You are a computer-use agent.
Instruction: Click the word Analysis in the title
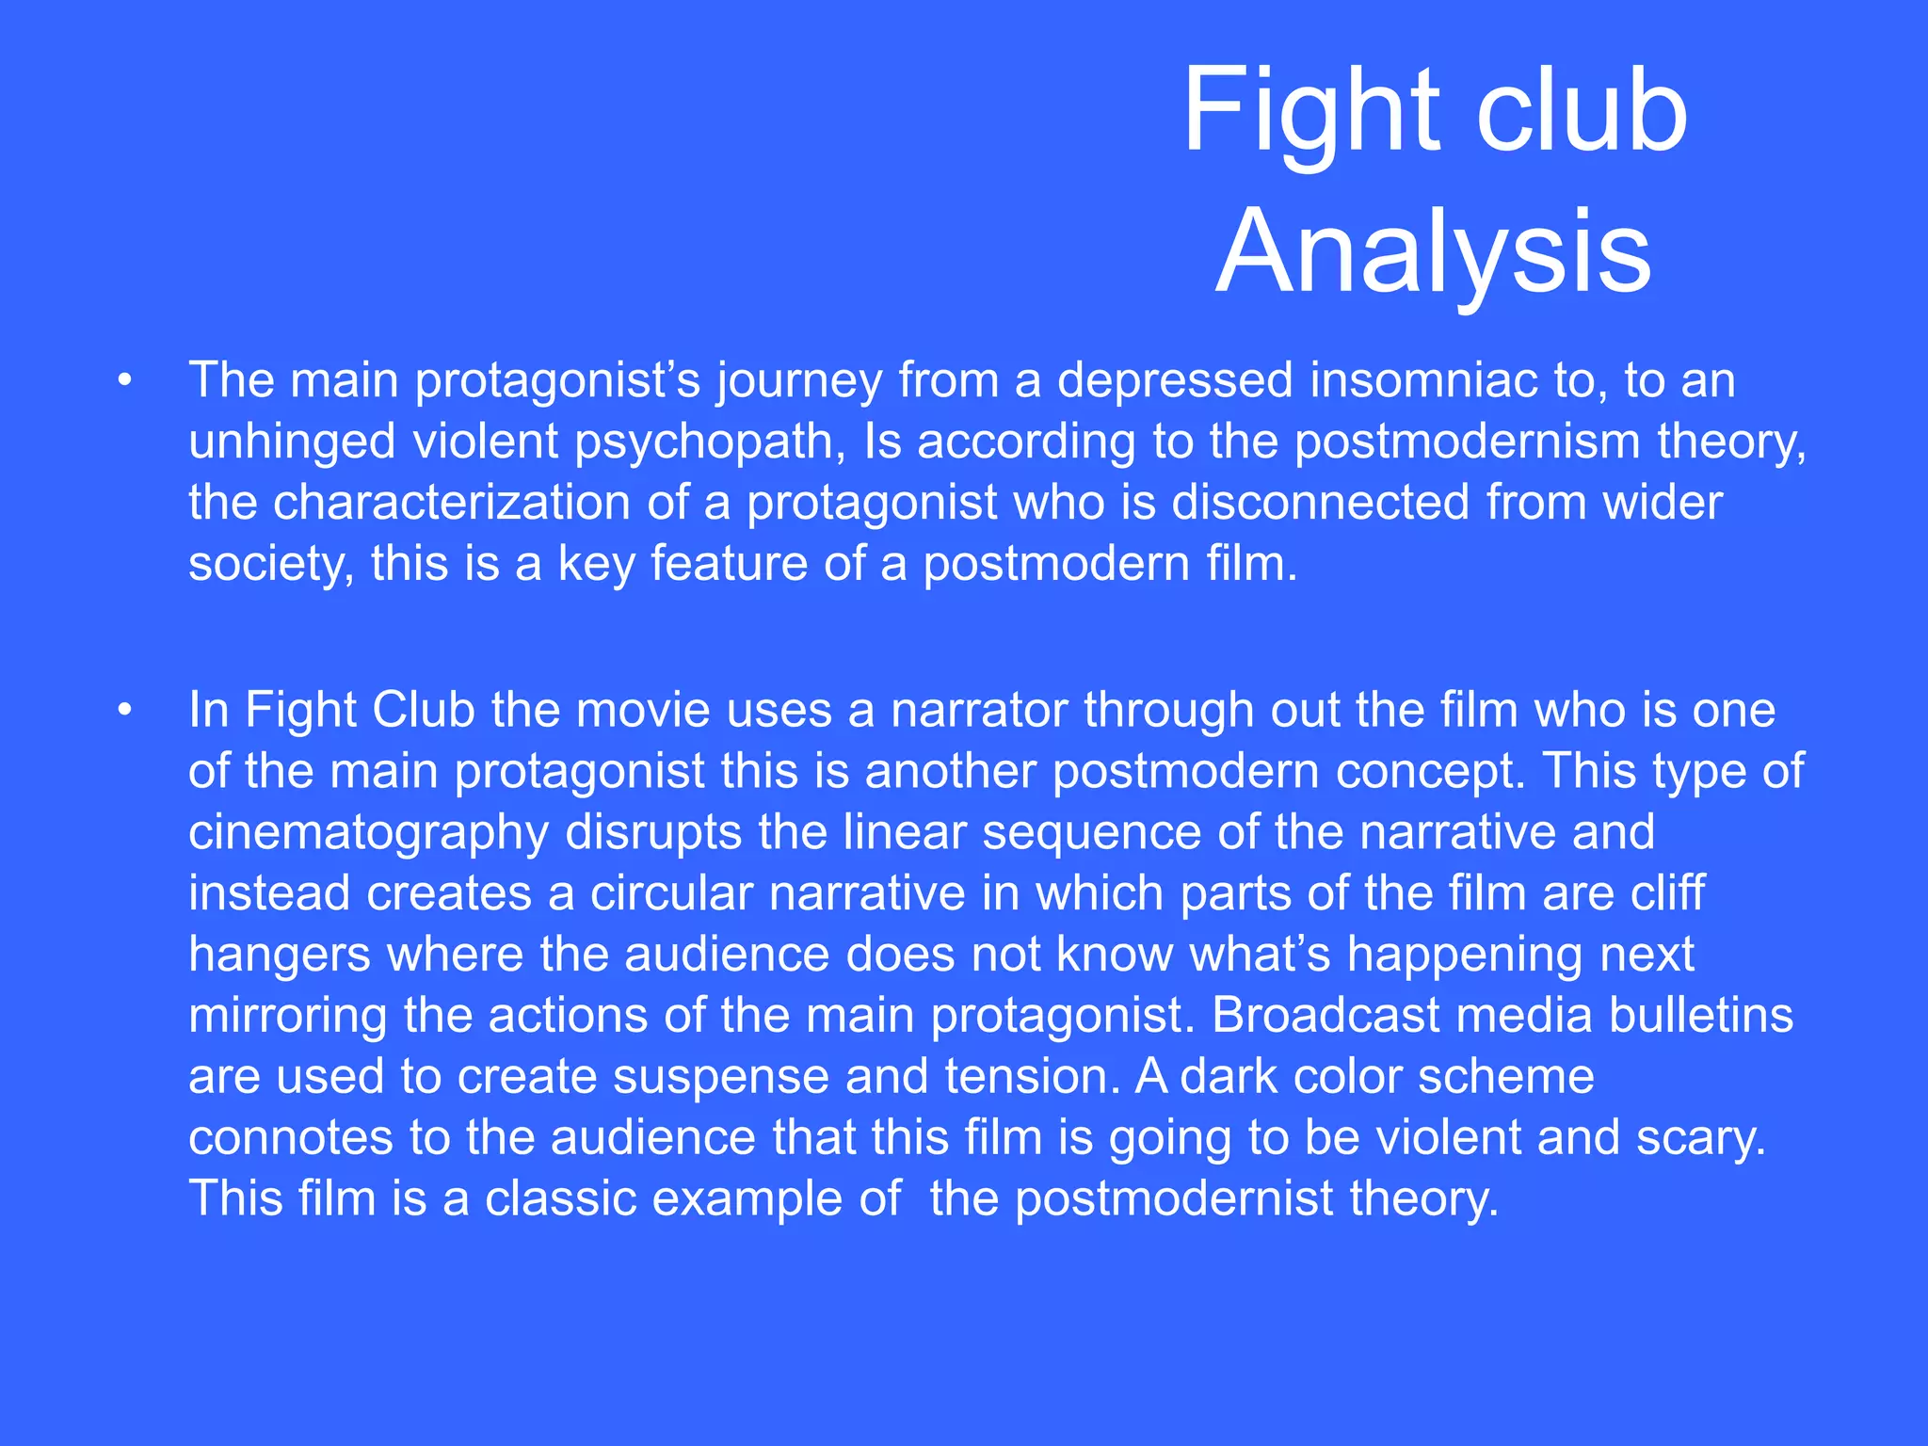point(1433,252)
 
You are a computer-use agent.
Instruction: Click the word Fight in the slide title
point(1309,111)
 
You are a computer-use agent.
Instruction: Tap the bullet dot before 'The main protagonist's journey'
point(125,381)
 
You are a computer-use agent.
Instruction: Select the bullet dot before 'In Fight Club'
point(125,711)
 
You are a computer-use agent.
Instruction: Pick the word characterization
point(452,502)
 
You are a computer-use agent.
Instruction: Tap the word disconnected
point(1320,502)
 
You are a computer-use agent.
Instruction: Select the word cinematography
point(368,833)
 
